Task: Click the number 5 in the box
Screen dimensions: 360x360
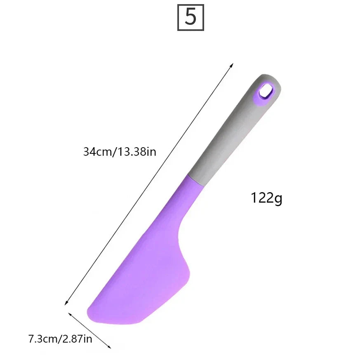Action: (x=191, y=17)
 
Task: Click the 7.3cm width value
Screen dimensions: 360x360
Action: (x=42, y=339)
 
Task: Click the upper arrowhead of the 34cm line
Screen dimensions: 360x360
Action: (x=233, y=64)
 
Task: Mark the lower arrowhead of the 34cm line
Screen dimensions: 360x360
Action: (x=65, y=304)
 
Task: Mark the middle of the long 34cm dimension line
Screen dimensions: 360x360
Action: (x=149, y=184)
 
